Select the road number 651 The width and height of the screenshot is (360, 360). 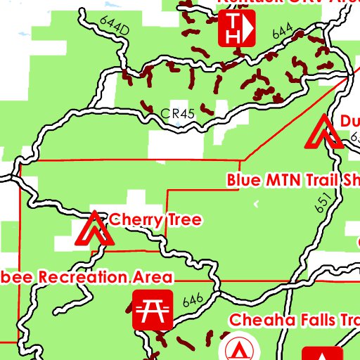[323, 203]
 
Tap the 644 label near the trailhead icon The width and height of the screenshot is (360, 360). [282, 30]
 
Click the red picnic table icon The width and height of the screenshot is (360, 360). [153, 310]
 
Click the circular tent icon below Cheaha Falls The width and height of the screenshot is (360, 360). [238, 348]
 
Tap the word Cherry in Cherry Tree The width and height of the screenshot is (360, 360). [134, 220]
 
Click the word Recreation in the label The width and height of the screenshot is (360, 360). [85, 276]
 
